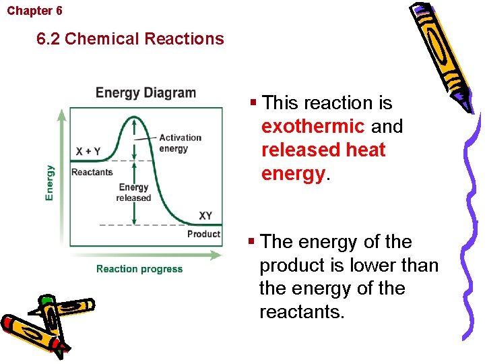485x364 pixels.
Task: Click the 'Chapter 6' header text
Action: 34,11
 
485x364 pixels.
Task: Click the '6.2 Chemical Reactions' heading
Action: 131,38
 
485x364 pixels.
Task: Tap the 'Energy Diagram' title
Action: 145,93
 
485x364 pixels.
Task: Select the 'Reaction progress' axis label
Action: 139,269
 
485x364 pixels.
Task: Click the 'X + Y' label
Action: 88,152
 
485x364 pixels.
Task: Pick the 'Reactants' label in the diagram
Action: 92,172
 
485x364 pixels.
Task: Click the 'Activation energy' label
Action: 180,143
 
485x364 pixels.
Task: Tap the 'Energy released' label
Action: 133,193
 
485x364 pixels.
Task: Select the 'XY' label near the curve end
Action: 205,216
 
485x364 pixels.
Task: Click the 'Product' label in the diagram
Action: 203,234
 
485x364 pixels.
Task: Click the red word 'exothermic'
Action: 313,127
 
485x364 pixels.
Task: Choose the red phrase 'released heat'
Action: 323,150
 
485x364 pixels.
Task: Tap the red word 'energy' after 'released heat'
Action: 293,173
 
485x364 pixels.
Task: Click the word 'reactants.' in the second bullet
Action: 301,311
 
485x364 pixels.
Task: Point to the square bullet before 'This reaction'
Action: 253,103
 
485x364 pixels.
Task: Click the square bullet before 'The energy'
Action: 251,241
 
